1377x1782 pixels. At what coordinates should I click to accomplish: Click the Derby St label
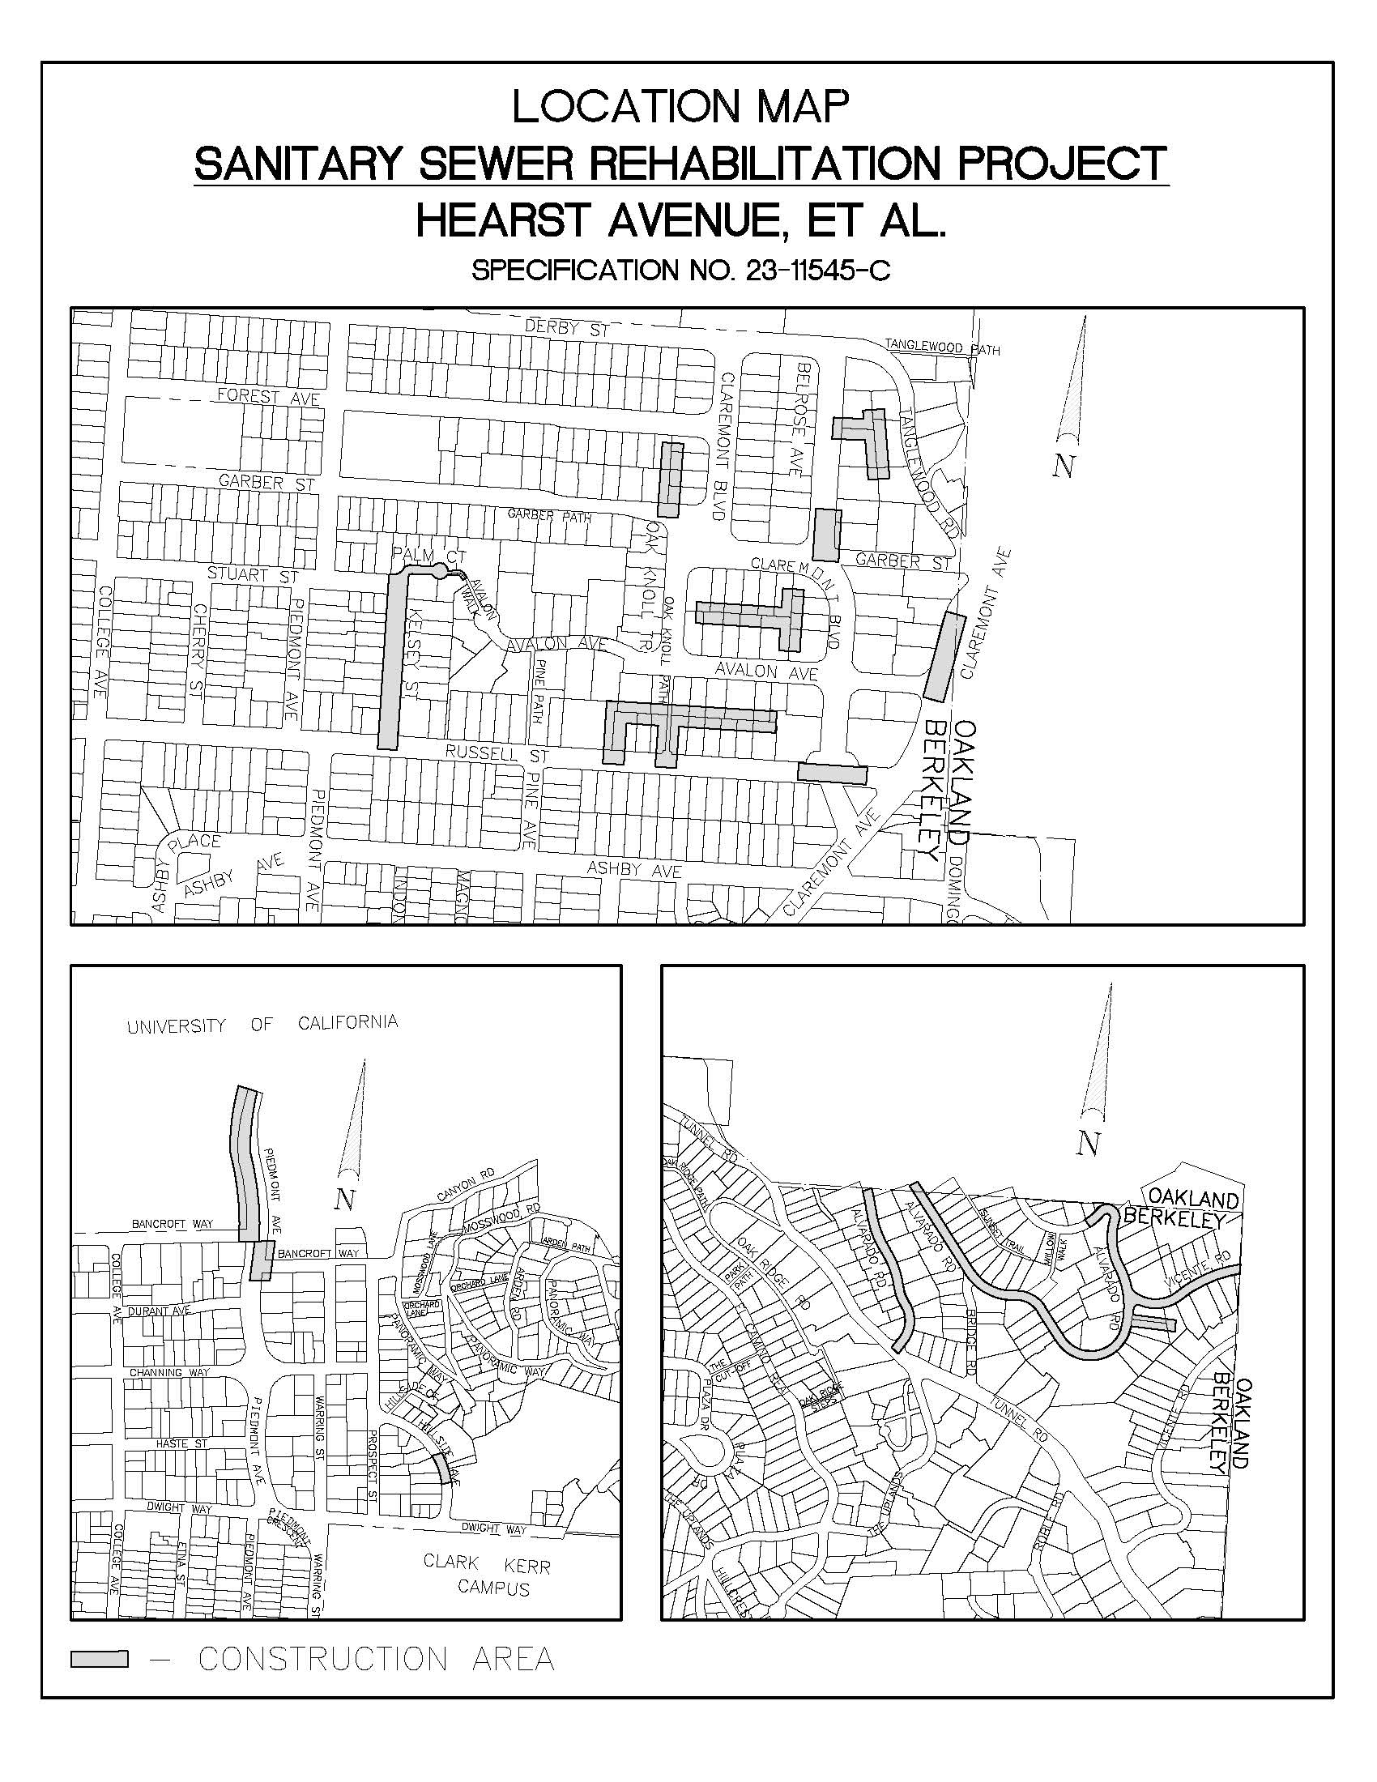tap(568, 329)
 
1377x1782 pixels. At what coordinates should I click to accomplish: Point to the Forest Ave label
tap(268, 397)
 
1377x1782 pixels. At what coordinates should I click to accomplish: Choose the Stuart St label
tap(253, 574)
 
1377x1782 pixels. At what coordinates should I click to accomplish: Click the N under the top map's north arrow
tap(1063, 466)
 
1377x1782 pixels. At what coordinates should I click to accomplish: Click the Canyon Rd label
tap(465, 1192)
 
